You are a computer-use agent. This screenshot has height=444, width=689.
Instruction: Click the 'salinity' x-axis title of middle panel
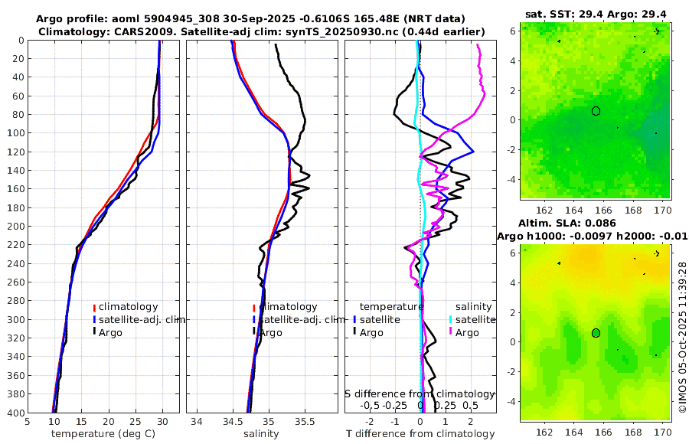pyautogui.click(x=260, y=434)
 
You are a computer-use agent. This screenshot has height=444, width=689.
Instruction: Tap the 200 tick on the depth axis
pyautogui.click(x=15, y=227)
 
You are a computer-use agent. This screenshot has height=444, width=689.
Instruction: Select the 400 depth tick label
pyautogui.click(x=15, y=413)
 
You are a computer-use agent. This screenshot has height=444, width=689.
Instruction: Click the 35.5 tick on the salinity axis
pyautogui.click(x=305, y=421)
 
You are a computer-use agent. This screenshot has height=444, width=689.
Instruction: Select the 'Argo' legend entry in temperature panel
pyautogui.click(x=110, y=332)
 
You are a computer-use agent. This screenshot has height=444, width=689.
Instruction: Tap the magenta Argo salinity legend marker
pyautogui.click(x=451, y=332)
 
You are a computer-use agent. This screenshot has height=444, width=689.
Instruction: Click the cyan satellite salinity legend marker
pyautogui.click(x=451, y=319)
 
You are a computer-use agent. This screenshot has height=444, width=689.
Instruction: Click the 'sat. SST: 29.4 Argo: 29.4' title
pyautogui.click(x=596, y=14)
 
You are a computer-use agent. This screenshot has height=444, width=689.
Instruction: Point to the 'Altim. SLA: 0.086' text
pyautogui.click(x=567, y=223)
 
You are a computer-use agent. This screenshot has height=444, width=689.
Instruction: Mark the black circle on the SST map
pyautogui.click(x=596, y=111)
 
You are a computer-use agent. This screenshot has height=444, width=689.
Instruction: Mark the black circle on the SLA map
pyautogui.click(x=596, y=333)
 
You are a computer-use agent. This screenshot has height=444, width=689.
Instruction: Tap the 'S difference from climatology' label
pyautogui.click(x=420, y=393)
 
